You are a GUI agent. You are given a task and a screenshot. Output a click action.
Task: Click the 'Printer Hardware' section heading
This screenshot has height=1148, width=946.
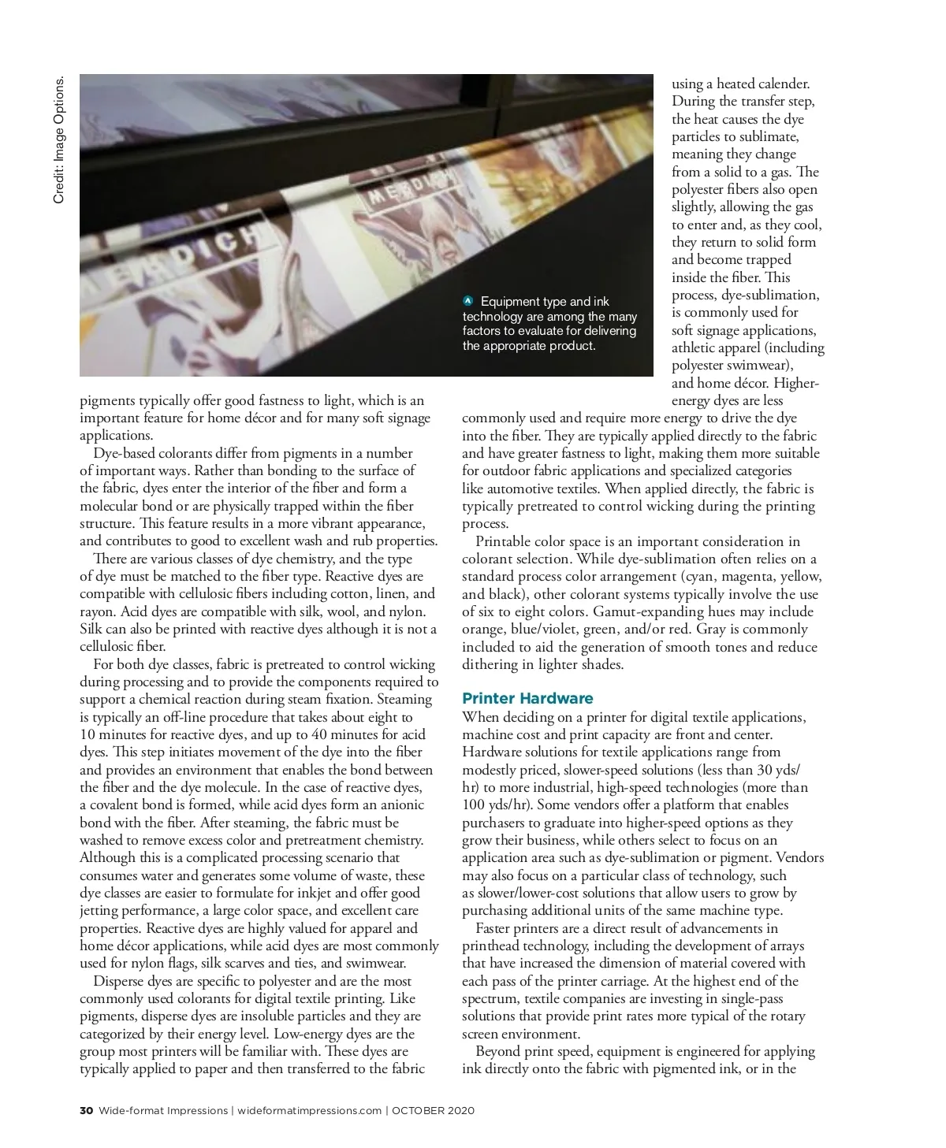coord(527,699)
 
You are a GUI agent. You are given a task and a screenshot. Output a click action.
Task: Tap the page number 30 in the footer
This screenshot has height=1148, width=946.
coord(86,1111)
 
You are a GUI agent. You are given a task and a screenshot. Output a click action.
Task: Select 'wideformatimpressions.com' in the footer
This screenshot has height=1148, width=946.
coord(309,1111)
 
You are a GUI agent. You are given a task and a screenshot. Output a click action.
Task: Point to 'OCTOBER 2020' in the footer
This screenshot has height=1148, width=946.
coord(434,1111)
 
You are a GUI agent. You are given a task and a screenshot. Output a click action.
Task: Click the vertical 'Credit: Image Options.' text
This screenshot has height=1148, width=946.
coord(59,139)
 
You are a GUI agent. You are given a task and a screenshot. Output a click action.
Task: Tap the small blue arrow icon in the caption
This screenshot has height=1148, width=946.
coord(468,301)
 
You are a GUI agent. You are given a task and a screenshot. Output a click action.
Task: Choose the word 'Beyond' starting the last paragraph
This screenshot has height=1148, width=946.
coord(498,1052)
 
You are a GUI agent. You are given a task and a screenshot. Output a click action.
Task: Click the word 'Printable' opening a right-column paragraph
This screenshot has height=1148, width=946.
coord(503,541)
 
